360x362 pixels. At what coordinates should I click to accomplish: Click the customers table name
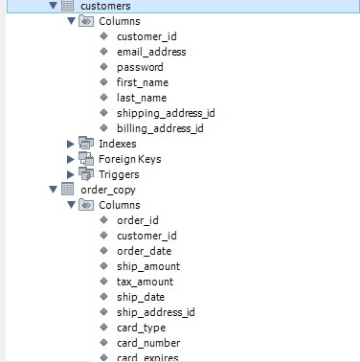tap(105, 6)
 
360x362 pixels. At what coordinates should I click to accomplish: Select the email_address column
tap(150, 52)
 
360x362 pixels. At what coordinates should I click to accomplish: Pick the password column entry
tap(140, 67)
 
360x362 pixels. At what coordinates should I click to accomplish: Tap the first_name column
tap(143, 82)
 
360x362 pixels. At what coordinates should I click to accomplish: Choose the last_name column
tap(142, 98)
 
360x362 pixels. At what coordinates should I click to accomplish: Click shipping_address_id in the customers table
tap(166, 113)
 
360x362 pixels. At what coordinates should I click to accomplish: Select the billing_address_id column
tap(160, 128)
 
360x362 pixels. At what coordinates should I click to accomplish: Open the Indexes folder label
tap(117, 144)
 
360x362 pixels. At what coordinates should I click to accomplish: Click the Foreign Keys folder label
tap(131, 159)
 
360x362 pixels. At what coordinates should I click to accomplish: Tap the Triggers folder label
tap(119, 174)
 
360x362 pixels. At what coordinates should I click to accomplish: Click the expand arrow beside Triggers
tap(70, 174)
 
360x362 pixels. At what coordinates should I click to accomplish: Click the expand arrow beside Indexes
tap(70, 144)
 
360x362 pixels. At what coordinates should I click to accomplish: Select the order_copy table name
tap(109, 190)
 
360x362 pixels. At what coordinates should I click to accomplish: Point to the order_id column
tap(137, 220)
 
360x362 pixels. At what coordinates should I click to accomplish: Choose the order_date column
tap(143, 251)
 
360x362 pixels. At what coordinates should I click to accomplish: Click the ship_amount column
tap(148, 266)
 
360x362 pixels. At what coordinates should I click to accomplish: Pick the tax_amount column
tap(145, 282)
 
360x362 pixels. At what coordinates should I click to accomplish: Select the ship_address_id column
tap(156, 312)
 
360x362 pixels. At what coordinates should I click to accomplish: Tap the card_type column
tap(142, 328)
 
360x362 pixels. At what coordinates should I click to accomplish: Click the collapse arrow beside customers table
tap(53, 6)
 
